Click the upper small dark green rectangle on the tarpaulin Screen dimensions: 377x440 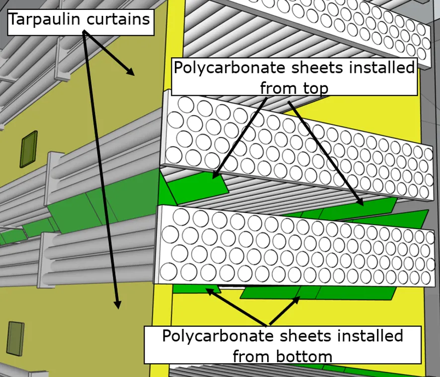point(28,149)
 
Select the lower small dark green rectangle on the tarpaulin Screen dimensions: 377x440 point(16,339)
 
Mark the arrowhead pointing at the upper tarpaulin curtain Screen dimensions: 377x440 point(130,71)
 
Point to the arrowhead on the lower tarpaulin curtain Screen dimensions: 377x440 point(118,304)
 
